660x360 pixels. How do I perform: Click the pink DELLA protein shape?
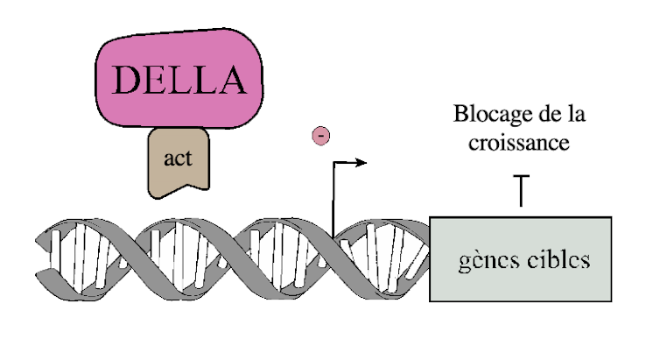tap(179, 78)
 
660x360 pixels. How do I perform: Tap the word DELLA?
tap(179, 80)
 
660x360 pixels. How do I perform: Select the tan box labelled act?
tap(179, 162)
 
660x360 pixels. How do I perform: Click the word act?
tap(178, 159)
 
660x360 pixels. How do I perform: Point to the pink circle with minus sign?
tap(320, 136)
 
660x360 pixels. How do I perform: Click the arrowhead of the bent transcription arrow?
tap(361, 162)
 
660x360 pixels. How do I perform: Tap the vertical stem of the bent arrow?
tap(334, 200)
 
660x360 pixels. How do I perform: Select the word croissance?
tap(519, 143)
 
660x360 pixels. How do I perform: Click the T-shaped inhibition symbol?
tap(521, 190)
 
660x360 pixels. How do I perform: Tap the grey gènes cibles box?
tap(520, 259)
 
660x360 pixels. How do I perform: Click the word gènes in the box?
tap(488, 261)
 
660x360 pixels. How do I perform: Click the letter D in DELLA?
tap(127, 80)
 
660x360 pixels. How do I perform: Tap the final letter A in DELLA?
tap(231, 80)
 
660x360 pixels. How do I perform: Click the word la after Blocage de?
tap(576, 114)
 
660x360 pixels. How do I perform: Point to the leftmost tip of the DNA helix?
tap(36, 240)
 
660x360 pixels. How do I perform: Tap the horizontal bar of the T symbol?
tap(521, 175)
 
